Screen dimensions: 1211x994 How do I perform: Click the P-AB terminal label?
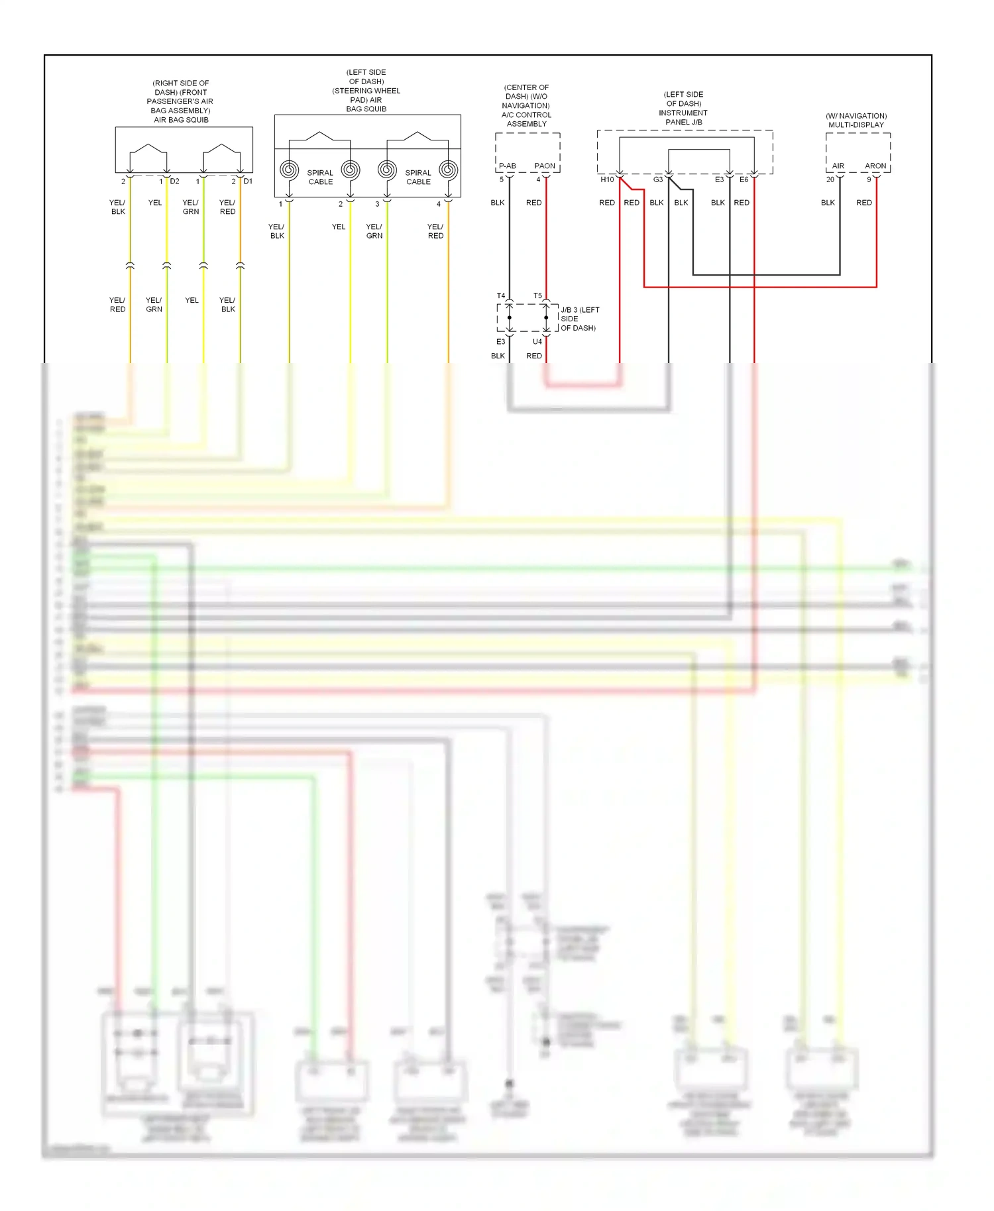click(507, 166)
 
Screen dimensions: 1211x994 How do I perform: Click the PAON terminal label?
click(545, 166)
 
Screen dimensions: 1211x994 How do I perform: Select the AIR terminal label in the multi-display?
click(838, 166)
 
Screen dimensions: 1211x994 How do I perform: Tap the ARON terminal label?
click(875, 166)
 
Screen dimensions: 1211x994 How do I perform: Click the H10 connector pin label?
click(607, 180)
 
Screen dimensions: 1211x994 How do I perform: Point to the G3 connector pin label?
click(658, 180)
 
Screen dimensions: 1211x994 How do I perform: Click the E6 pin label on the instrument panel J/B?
click(744, 180)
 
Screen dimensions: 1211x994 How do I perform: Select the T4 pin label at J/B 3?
click(501, 295)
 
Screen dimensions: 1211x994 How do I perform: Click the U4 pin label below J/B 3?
click(537, 342)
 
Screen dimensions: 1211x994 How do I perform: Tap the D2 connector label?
click(174, 181)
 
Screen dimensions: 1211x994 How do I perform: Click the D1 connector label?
click(248, 181)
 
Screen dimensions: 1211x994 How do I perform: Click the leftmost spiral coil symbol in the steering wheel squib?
click(289, 170)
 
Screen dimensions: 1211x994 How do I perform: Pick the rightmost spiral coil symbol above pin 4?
click(449, 170)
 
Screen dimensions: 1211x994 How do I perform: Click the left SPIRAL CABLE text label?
click(320, 177)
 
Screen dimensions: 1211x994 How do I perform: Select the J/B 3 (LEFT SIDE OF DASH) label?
click(579, 319)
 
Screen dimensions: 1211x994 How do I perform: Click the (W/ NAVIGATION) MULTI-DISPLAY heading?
click(856, 120)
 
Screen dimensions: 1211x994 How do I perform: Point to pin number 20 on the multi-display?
click(830, 180)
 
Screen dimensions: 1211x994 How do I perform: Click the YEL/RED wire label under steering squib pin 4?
click(435, 231)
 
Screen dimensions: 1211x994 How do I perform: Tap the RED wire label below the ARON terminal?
click(864, 203)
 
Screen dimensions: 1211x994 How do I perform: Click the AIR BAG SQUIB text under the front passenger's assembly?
click(181, 120)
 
